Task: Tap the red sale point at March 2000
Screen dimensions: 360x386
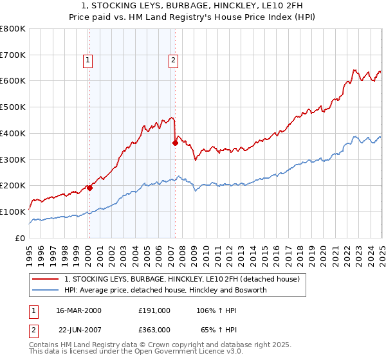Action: pos(90,188)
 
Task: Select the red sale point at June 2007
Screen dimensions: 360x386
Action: pos(175,143)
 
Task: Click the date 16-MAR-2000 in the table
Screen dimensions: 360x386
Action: pos(78,310)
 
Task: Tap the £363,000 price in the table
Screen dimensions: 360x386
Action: pos(154,329)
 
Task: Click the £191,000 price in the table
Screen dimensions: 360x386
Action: pos(154,310)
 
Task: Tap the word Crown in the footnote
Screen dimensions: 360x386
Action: pos(157,345)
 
